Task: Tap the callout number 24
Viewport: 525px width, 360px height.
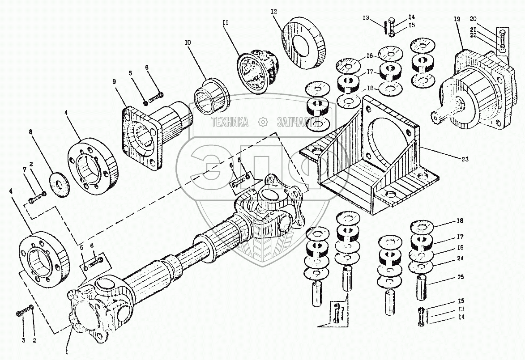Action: point(460,258)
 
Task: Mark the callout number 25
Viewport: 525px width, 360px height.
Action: point(460,278)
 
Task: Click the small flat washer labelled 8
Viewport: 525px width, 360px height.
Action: point(58,176)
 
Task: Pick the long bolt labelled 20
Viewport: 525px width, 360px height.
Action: point(503,42)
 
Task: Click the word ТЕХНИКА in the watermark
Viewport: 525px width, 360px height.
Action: point(230,122)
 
